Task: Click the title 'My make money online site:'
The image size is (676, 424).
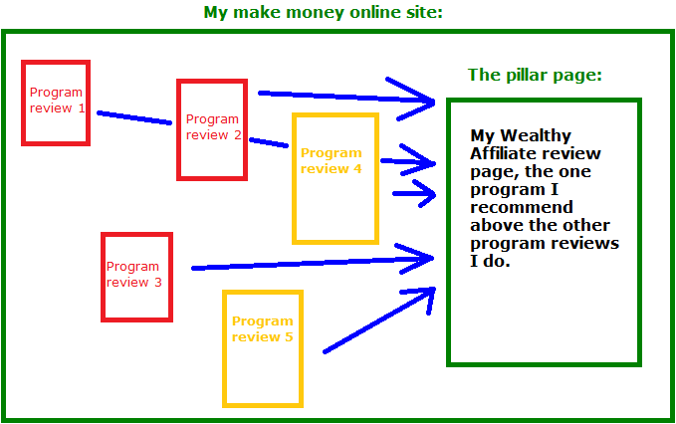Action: tap(323, 13)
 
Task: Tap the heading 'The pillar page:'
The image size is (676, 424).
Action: tap(535, 76)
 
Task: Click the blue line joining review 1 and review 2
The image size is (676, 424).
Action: tap(134, 118)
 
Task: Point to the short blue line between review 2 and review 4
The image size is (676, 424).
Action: tap(269, 142)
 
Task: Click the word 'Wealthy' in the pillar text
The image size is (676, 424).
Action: tap(536, 136)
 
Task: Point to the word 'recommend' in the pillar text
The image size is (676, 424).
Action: tap(522, 208)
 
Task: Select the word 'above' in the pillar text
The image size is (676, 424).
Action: tap(496, 225)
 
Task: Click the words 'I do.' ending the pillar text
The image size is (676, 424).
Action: tap(490, 261)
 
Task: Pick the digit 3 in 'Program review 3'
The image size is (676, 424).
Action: tap(157, 283)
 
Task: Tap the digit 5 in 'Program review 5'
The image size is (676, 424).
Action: tap(289, 337)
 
